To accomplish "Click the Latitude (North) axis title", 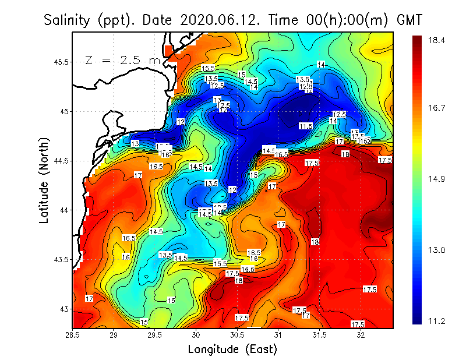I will point(45,181).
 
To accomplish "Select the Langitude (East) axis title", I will point(232,349).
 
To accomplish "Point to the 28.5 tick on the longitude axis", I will point(73,335).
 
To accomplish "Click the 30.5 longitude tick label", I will point(237,335).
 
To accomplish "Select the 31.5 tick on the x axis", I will point(320,335).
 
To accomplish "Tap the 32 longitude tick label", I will point(361,335).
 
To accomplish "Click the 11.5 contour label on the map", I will point(306,126).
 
